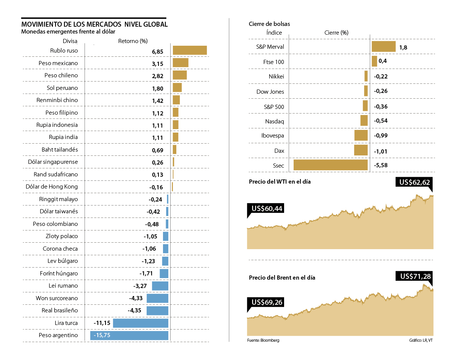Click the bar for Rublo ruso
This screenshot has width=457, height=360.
tap(190, 50)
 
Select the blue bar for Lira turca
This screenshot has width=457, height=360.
tap(141, 323)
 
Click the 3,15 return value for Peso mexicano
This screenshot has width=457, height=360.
tap(157, 64)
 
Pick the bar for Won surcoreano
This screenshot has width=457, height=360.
tap(157, 298)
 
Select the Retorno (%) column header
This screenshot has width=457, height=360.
tap(133, 41)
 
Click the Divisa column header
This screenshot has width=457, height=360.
tap(70, 41)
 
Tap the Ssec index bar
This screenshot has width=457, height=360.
tap(330, 165)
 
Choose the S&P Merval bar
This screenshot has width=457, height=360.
tap(383, 46)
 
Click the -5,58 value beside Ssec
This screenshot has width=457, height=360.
tap(380, 165)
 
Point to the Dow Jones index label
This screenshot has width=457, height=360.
tap(270, 92)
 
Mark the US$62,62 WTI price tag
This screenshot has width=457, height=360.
tap(414, 182)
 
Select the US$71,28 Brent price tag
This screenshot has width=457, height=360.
tap(414, 276)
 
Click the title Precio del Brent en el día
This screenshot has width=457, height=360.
tap(282, 278)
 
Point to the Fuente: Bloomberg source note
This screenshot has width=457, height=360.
tap(263, 340)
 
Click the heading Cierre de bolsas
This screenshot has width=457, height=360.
tap(269, 24)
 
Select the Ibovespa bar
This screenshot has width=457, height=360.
tap(361, 136)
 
